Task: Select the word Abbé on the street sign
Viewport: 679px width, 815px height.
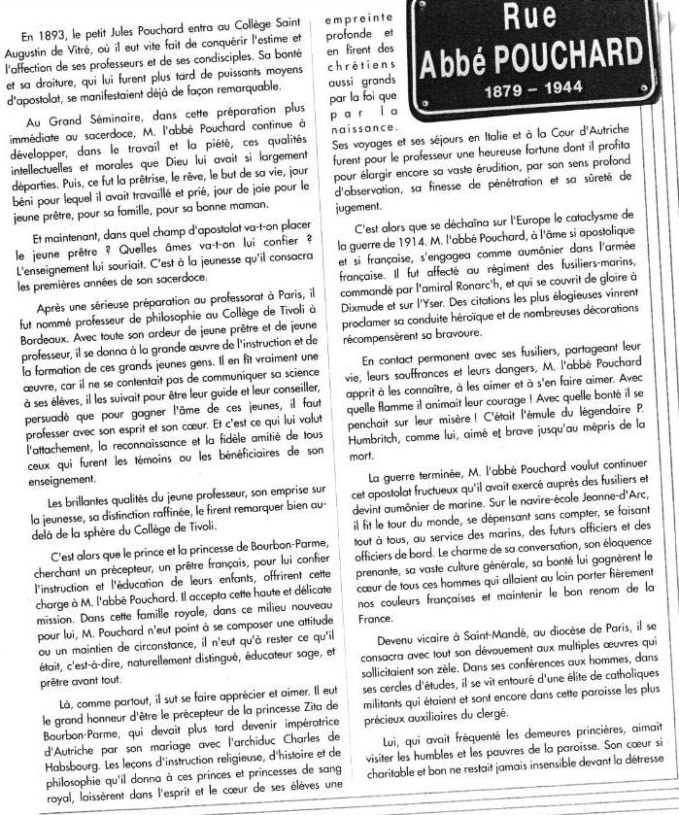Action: point(461,60)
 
